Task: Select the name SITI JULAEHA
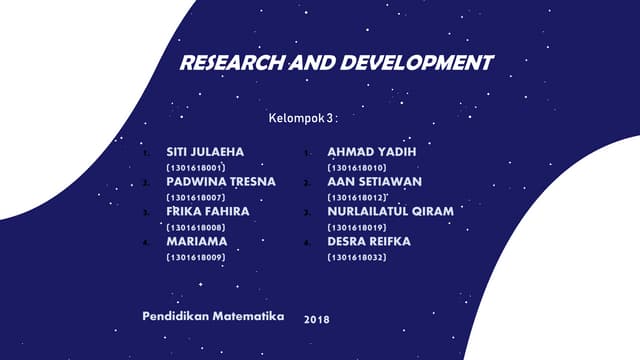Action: [204, 151]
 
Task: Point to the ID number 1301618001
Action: [195, 167]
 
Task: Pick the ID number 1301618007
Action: [195, 198]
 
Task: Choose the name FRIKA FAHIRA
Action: [207, 212]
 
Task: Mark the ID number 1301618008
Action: [195, 228]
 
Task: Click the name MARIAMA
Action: [196, 242]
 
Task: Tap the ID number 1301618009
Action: [195, 258]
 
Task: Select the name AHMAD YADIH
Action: [371, 151]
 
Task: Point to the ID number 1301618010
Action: [357, 167]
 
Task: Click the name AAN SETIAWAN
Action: [375, 182]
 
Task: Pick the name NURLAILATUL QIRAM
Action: [391, 212]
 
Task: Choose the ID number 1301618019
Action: [357, 228]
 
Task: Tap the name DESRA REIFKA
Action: [369, 242]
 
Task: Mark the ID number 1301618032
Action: [357, 258]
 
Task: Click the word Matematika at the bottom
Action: [246, 315]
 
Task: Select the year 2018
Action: [316, 319]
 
